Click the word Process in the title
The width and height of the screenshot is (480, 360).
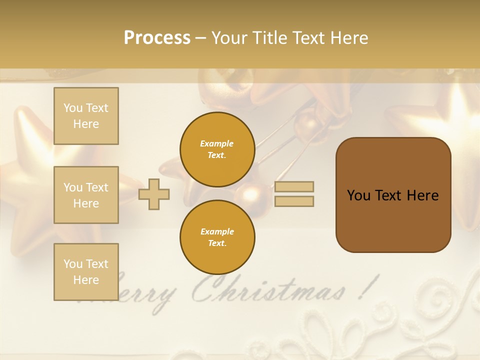click(157, 38)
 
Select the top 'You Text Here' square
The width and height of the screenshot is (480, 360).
click(86, 116)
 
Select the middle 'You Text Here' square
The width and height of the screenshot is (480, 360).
click(86, 195)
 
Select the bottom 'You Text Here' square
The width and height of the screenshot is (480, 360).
click(86, 272)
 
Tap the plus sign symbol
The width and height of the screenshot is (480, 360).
click(154, 193)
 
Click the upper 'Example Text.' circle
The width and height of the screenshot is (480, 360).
click(217, 149)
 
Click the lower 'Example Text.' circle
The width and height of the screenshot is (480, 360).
click(217, 237)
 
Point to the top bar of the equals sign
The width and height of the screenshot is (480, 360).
click(294, 186)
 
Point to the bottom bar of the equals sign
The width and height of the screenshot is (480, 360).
click(294, 201)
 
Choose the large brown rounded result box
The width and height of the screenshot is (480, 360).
click(393, 195)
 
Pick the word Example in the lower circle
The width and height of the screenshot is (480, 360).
click(217, 231)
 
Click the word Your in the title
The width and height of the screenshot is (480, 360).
click(229, 38)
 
